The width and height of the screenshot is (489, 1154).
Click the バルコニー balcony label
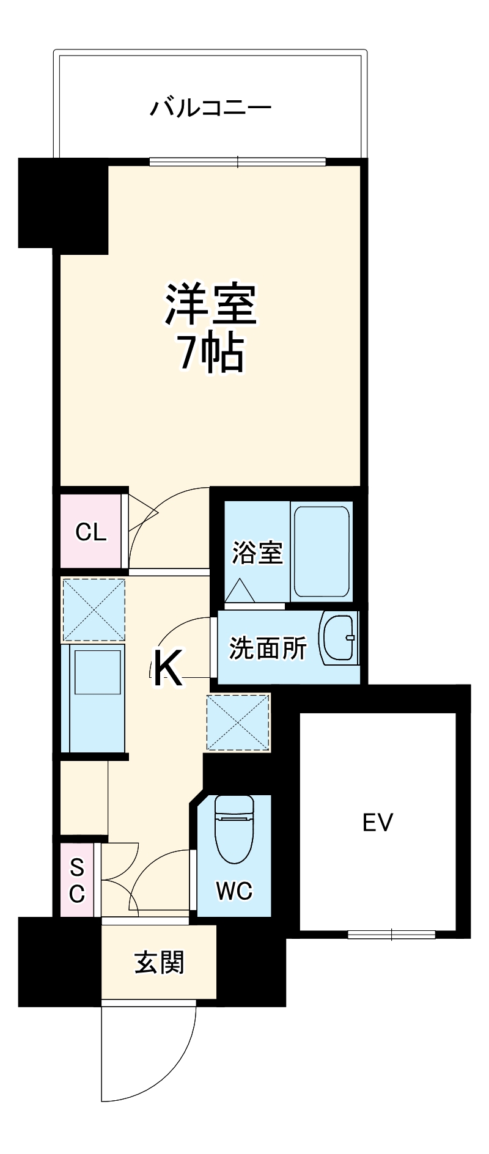click(x=211, y=108)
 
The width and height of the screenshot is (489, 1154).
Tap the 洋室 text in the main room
click(x=211, y=304)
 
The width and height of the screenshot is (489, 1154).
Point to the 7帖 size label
click(x=211, y=353)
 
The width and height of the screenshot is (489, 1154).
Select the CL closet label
click(x=90, y=532)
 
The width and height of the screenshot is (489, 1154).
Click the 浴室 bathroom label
click(x=257, y=553)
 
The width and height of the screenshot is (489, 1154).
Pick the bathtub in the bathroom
click(x=322, y=551)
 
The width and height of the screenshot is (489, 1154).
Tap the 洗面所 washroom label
click(x=268, y=648)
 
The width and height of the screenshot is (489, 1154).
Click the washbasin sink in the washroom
click(x=339, y=638)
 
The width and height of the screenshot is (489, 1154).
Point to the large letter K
click(x=166, y=668)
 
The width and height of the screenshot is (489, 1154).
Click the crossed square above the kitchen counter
click(x=94, y=609)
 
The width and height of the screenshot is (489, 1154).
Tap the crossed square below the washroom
click(x=238, y=722)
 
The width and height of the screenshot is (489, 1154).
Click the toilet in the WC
click(x=233, y=829)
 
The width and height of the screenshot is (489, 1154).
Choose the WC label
click(x=233, y=891)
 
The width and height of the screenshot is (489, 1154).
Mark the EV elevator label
click(x=378, y=823)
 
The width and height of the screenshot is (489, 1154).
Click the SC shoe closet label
click(x=76, y=880)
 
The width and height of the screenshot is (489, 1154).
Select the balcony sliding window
click(x=238, y=162)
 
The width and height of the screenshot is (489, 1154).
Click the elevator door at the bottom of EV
click(x=391, y=934)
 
